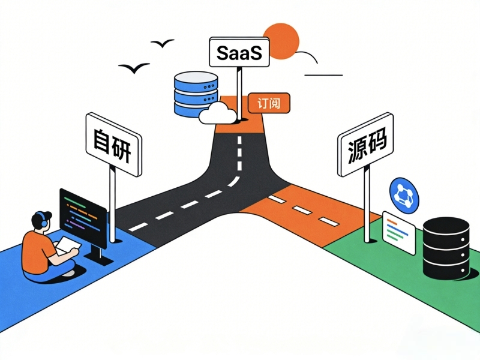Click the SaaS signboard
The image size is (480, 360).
238,52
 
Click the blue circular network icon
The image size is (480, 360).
403,193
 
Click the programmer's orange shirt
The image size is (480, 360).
37,248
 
